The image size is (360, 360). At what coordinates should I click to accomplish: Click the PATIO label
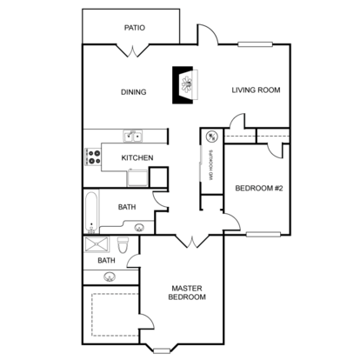135,28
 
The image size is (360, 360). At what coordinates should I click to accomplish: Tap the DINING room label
133,92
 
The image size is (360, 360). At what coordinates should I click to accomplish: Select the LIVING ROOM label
256,90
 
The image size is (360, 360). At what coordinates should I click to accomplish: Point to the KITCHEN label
137,158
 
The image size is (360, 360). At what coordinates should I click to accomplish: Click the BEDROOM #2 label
259,189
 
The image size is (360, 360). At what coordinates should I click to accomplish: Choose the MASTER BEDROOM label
187,293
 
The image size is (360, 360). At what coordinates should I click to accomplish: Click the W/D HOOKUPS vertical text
211,165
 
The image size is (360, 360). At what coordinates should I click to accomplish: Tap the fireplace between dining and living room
185,85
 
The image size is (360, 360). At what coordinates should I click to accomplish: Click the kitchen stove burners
93,157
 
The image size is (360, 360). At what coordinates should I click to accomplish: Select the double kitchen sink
133,137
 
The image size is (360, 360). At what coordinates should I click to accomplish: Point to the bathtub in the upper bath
91,212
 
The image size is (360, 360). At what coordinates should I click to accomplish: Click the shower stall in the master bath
97,245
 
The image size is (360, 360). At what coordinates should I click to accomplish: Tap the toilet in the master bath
123,245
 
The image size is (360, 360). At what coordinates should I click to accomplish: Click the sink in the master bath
109,277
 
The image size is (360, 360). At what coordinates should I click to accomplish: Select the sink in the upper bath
139,228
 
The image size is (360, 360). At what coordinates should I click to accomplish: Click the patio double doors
133,50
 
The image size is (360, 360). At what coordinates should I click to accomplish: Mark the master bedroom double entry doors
192,242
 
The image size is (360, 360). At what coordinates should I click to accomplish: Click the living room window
256,44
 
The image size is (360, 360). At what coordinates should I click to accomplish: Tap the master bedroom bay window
162,351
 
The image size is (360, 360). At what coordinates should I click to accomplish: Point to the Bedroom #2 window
263,234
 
